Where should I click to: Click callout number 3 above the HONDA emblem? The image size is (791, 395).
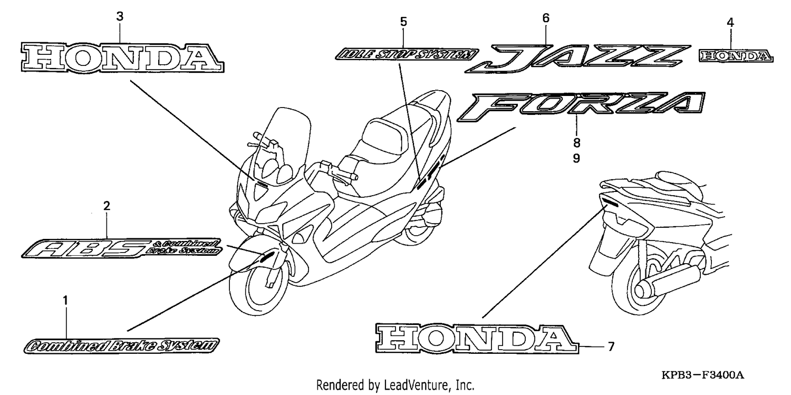click(x=120, y=16)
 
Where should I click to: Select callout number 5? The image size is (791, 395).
click(x=403, y=22)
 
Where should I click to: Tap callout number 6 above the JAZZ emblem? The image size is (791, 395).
click(x=546, y=18)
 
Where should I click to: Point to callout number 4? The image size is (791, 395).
click(x=730, y=23)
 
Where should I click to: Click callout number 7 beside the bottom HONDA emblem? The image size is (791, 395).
click(x=611, y=346)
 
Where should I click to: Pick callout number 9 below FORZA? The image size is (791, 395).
click(x=576, y=158)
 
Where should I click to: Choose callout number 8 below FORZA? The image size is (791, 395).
click(x=576, y=143)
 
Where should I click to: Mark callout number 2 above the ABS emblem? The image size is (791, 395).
click(x=107, y=206)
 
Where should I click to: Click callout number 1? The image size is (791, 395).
click(x=65, y=301)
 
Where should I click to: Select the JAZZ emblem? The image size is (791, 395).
click(x=577, y=59)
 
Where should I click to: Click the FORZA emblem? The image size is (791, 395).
click(x=581, y=106)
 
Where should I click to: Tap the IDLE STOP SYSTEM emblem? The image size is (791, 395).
click(x=407, y=54)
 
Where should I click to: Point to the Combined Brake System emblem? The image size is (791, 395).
click(x=121, y=346)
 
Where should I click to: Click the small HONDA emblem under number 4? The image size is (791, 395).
click(x=736, y=56)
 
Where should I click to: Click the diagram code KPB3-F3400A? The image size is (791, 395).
click(x=703, y=375)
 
